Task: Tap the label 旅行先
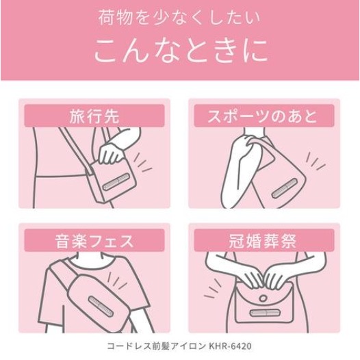[x=94, y=116]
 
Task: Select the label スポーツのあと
[x=263, y=116]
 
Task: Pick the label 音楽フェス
[x=94, y=241]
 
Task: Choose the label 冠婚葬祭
[x=263, y=241]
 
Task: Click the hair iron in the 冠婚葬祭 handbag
[x=263, y=312]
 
